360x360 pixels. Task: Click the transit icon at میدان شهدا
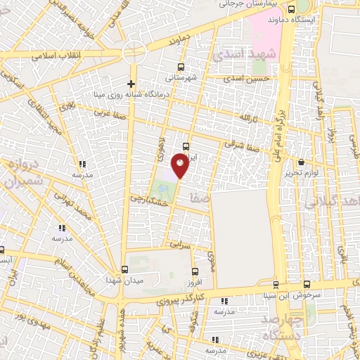pyautogui.click(x=124, y=269)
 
